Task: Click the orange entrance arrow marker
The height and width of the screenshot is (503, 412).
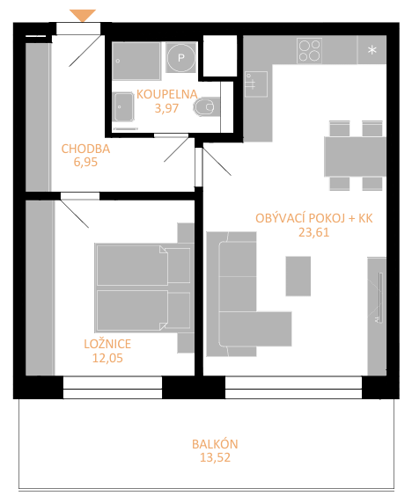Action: coord(83,15)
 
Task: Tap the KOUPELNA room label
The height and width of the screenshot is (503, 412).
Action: coord(167,94)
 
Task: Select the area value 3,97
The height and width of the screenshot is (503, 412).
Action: coord(166,108)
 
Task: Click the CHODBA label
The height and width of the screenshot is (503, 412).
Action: coord(85,149)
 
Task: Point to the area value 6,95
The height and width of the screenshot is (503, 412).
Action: coord(85,163)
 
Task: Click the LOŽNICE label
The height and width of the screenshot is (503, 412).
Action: coord(107,344)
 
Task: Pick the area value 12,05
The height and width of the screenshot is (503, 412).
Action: coord(107,358)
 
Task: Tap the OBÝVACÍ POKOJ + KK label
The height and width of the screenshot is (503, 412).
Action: coord(314,218)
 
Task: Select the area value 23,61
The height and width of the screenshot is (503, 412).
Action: coord(314,232)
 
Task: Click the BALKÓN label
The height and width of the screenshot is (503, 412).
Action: coord(215,444)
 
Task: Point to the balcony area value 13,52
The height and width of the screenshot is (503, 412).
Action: coord(215,458)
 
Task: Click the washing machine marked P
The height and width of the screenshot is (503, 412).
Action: coord(181,58)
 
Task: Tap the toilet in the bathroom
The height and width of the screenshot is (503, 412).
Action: coord(207,106)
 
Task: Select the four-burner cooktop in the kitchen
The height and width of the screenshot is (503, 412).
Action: coord(310,50)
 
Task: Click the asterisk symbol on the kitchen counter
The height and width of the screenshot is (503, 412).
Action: coord(372,50)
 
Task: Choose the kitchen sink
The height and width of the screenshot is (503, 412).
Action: coord(256,84)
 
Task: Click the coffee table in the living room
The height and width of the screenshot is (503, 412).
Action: coord(298,276)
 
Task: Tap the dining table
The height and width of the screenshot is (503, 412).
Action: coord(355,157)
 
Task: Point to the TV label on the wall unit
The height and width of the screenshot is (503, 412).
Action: coord(376,320)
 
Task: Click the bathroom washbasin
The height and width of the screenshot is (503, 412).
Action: coord(123,106)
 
